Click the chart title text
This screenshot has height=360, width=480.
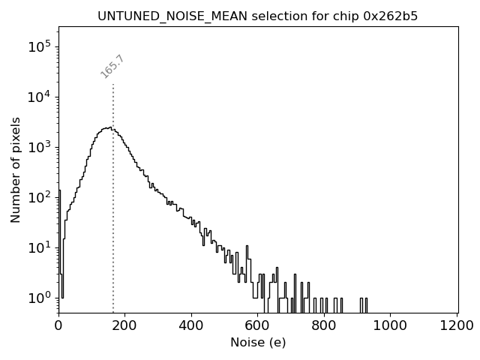pos(257,16)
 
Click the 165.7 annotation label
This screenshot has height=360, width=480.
pos(112,67)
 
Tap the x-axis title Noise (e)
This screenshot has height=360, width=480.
pos(257,343)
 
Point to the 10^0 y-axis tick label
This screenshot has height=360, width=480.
pos(40,298)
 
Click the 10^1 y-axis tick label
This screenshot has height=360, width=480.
pos(40,247)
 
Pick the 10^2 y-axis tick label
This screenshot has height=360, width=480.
pos(40,197)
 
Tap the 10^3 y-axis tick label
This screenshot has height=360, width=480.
pos(40,147)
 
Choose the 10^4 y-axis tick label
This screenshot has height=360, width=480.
pos(40,97)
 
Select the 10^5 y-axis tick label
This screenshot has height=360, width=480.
pos(40,46)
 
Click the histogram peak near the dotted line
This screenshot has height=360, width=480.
pos(109,127)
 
